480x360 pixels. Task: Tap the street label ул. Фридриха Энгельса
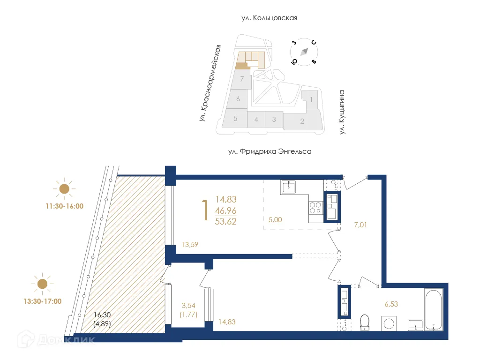[270, 151]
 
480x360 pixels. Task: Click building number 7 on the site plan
[241, 79]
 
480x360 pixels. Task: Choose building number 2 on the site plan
[302, 121]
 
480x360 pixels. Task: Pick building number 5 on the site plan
[235, 119]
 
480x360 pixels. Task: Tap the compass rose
[304, 51]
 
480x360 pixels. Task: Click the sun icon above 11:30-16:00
[64, 189]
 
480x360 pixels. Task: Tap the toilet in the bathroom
[364, 322]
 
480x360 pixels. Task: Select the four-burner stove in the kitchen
[315, 207]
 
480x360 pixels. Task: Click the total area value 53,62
[226, 221]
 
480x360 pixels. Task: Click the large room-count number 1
[204, 210]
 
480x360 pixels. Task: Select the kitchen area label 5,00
[276, 219]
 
